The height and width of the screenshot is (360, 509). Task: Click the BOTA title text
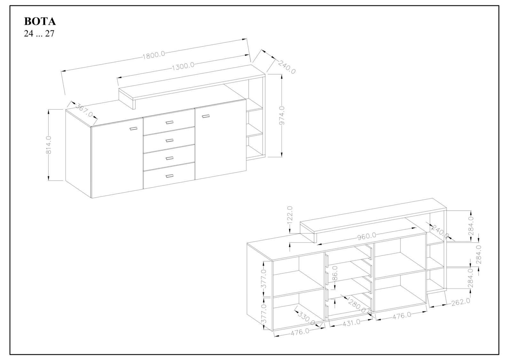pos(40,21)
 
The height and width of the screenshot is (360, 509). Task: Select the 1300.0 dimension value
pos(183,67)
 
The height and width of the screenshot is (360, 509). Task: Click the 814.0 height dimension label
pos(49,145)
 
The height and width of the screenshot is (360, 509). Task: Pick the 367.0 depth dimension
pos(84,110)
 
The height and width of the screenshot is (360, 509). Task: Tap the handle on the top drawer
pos(169,123)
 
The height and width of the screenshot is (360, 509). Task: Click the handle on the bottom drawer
pos(169,176)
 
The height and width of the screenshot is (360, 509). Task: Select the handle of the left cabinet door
pos(134,129)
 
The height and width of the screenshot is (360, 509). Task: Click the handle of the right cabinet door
pos(206,116)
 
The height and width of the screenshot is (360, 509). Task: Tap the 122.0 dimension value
pos(290,215)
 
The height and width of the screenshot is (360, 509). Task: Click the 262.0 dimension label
pos(461,302)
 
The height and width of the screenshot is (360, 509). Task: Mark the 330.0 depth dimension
pos(306,319)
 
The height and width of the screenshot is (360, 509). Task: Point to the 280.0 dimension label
pos(357,307)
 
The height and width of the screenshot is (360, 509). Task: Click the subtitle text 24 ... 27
pos(39,34)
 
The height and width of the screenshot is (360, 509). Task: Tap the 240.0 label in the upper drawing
pos(287,67)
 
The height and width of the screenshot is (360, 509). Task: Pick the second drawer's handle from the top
pos(169,140)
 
